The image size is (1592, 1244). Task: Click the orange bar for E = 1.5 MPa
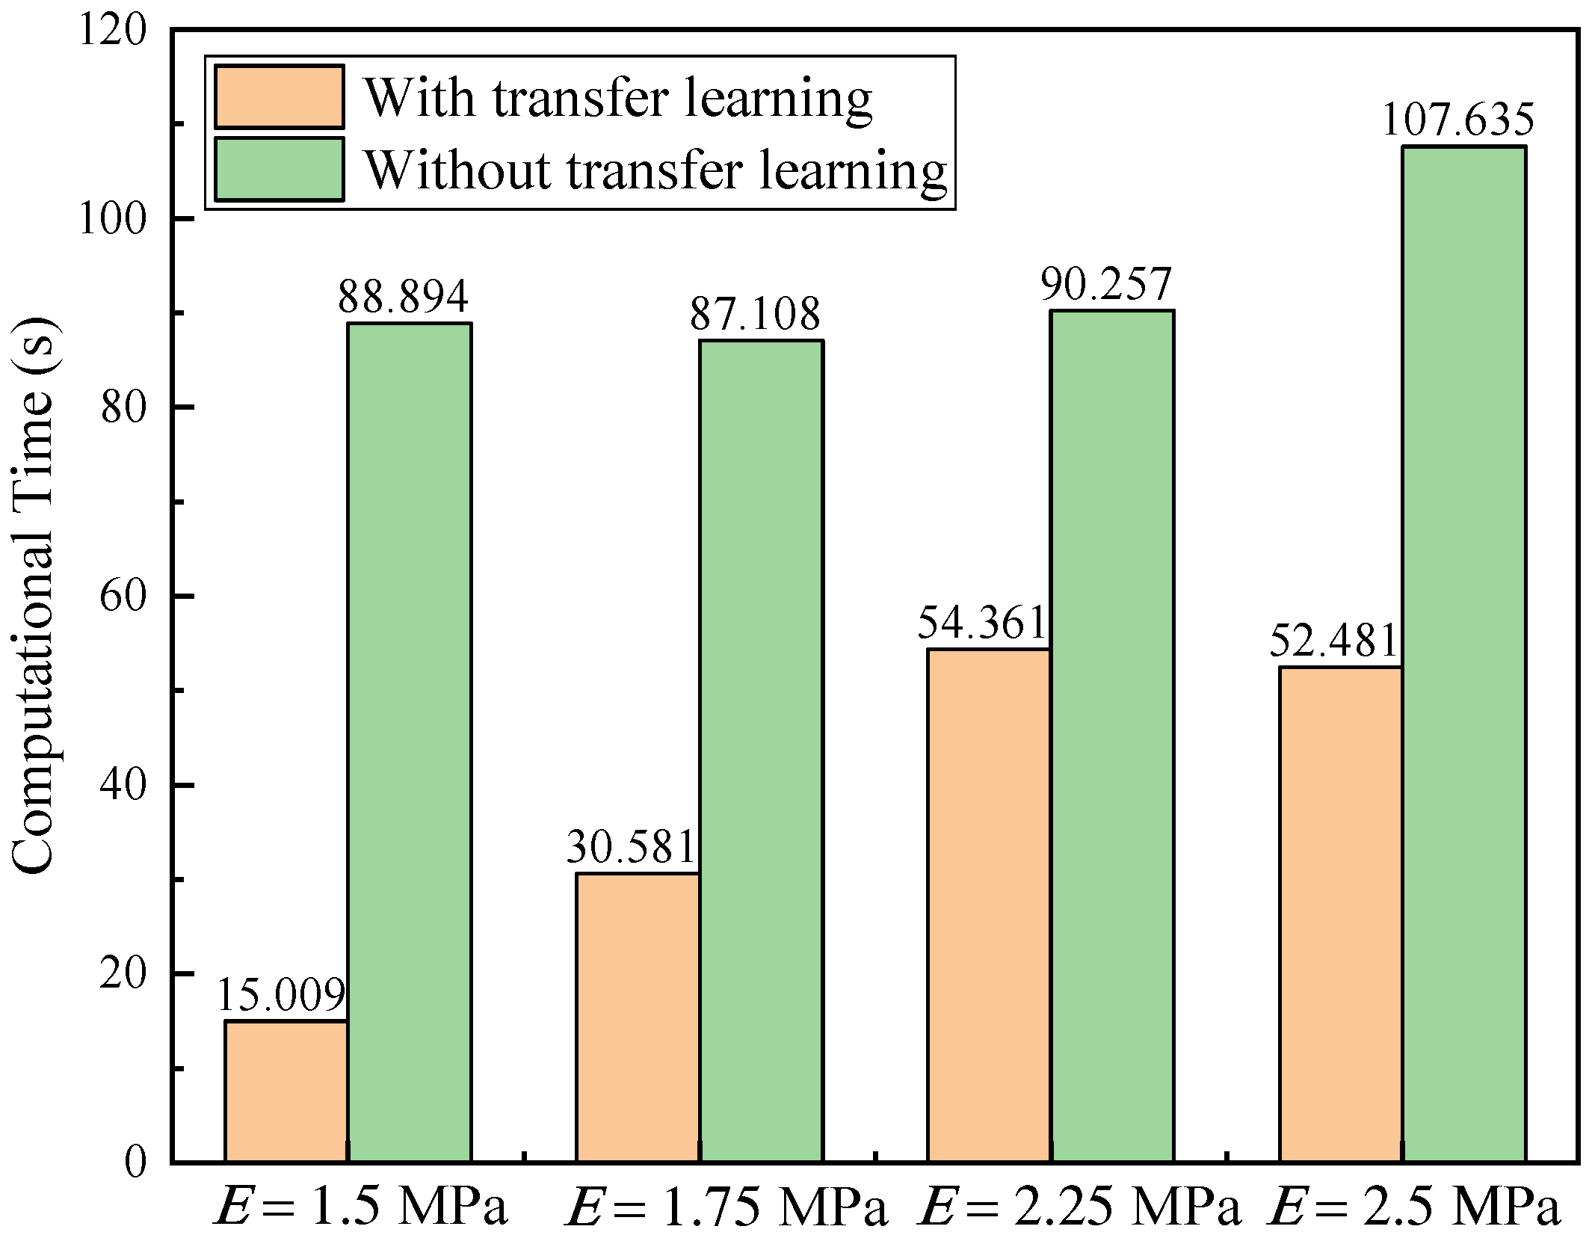click(x=286, y=1091)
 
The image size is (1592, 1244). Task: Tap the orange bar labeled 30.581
click(x=638, y=1017)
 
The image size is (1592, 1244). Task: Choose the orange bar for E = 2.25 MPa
click(x=989, y=905)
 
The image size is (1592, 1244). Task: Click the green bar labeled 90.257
click(x=1112, y=736)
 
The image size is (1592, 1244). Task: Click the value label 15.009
click(x=281, y=994)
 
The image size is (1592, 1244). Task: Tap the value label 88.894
click(x=403, y=296)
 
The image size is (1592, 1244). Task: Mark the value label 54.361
click(x=981, y=622)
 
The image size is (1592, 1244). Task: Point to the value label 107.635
click(x=1457, y=120)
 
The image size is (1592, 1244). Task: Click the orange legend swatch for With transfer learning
click(x=279, y=97)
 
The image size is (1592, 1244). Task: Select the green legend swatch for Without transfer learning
click(x=279, y=169)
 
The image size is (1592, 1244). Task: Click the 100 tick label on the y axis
click(x=112, y=219)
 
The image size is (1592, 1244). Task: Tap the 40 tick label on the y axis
click(x=123, y=786)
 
